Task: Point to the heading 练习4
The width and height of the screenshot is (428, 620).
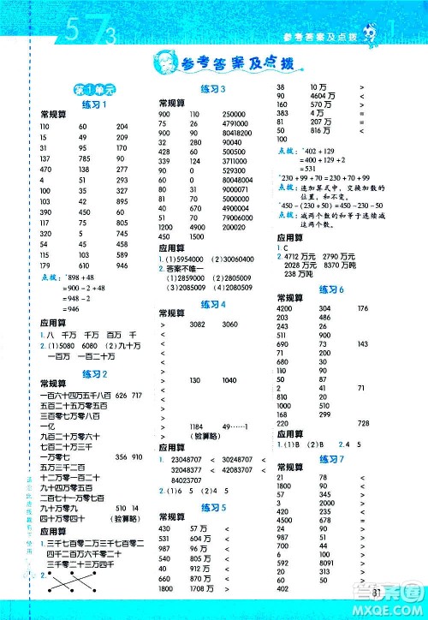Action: click(x=212, y=304)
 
